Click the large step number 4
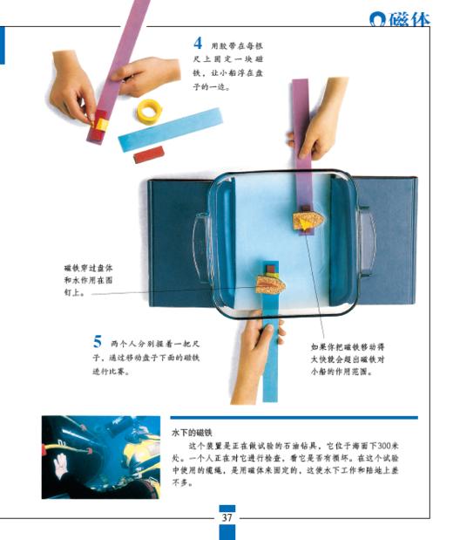pyautogui.click(x=199, y=41)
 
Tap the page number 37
pyautogui.click(x=226, y=517)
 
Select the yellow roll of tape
pyautogui.click(x=149, y=111)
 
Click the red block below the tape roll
pyautogui.click(x=149, y=154)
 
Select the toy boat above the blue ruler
pyautogui.click(x=271, y=283)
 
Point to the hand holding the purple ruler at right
pyautogui.click(x=321, y=131)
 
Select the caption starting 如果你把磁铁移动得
pyautogui.click(x=348, y=359)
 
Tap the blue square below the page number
pyautogui.click(x=226, y=531)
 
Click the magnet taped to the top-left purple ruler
pyautogui.click(x=99, y=123)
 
